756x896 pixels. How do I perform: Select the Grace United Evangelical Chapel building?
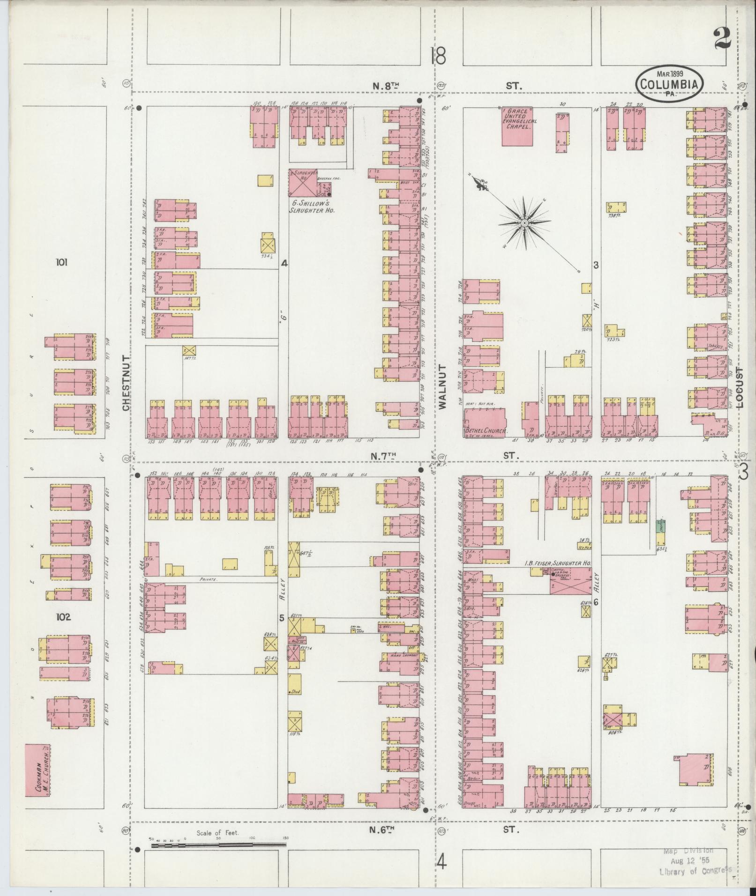(x=519, y=126)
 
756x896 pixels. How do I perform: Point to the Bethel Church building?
(x=484, y=422)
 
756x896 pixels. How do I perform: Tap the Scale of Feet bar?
(x=218, y=845)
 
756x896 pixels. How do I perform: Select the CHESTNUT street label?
(x=126, y=383)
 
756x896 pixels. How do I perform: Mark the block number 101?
(x=61, y=262)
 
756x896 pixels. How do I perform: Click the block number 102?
(x=63, y=617)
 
